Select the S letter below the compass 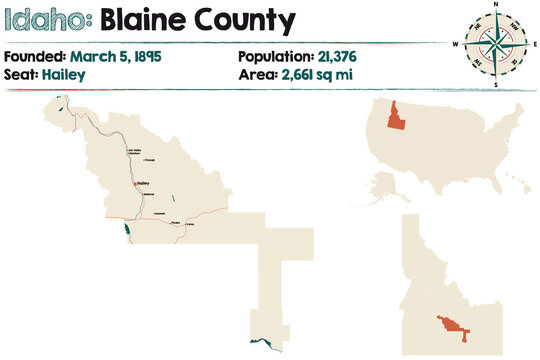coord(494,85)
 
